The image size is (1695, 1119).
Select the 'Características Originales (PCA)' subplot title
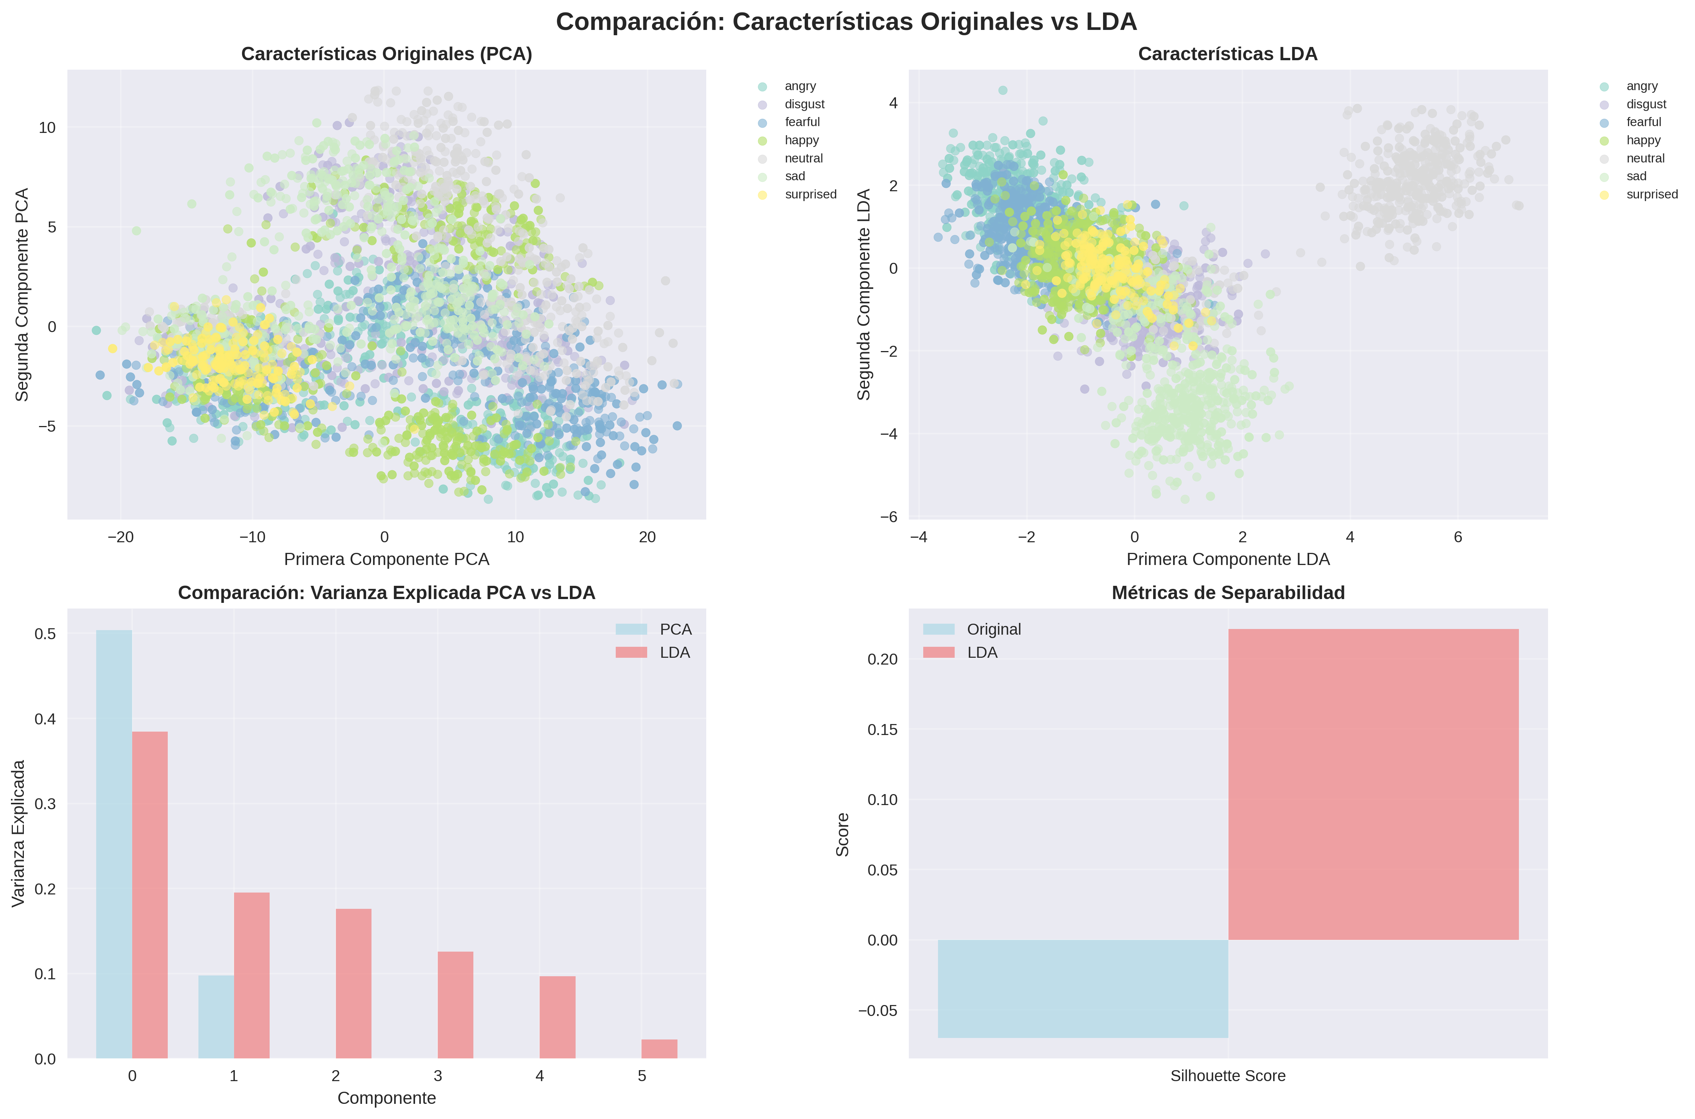(386, 54)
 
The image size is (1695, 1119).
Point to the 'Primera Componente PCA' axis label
(386, 560)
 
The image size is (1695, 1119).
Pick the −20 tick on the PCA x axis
(121, 537)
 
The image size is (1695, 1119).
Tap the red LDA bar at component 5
(659, 1049)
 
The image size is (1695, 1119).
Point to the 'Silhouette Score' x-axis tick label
(1228, 1076)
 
